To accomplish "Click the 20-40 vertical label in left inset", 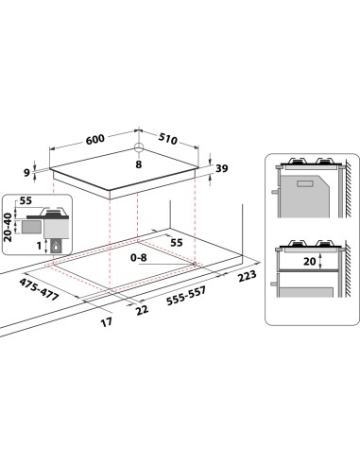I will (x=9, y=227).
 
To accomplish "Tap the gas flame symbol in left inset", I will (x=55, y=247).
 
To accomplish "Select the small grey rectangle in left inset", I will (x=30, y=226).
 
